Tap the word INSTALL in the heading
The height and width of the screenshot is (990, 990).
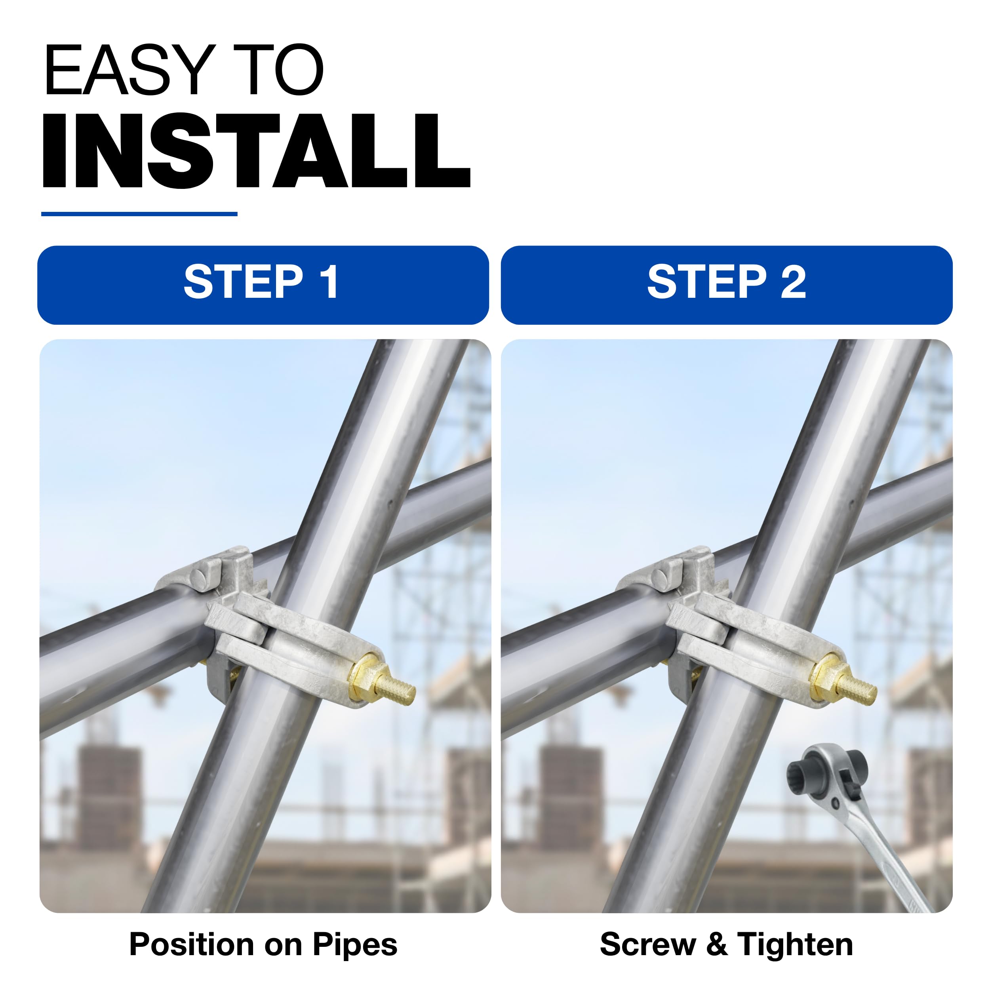click(256, 150)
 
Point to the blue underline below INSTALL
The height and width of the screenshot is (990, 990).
click(139, 214)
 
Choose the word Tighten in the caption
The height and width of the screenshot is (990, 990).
click(795, 944)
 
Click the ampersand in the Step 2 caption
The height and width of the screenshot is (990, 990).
click(716, 944)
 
